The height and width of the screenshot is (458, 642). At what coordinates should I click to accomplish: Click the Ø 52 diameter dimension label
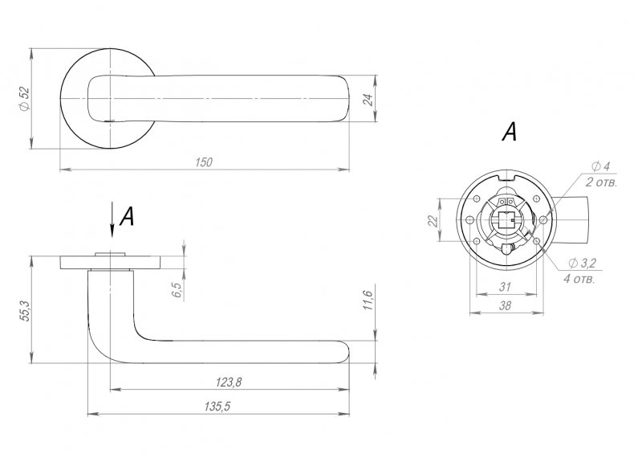pos(24,98)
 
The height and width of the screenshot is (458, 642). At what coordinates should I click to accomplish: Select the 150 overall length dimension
pos(204,162)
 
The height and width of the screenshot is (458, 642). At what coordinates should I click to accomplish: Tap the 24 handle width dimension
pos(368,100)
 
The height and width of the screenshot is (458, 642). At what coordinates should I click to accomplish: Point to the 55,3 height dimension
pos(24,310)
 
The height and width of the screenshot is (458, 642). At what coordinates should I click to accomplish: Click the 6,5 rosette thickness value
pos(177,289)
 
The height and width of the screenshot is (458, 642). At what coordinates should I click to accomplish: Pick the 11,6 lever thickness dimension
pos(368,300)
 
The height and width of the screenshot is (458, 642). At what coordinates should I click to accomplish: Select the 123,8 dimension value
pos(229,382)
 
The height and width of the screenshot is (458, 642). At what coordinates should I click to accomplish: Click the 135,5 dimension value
pos(217,407)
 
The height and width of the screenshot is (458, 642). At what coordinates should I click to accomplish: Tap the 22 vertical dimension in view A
pos(433,221)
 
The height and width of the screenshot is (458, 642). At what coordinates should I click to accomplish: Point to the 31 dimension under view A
pos(506,287)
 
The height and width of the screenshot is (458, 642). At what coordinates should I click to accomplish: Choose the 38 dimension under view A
pos(506,305)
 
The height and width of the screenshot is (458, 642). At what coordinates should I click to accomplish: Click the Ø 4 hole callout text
pos(600,166)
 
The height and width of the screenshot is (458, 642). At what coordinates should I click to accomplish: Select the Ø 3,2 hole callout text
pos(583,263)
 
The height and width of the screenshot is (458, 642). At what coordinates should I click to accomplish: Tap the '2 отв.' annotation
pos(600,182)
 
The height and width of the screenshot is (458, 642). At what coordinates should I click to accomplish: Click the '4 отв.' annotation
pos(579,280)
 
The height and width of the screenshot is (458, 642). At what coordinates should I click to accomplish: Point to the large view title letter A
pos(510,132)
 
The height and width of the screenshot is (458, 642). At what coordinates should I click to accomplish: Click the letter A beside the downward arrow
pos(127,216)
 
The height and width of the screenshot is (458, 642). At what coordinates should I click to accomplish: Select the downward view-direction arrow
pos(112,220)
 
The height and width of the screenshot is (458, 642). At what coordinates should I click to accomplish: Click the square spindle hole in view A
pos(507,220)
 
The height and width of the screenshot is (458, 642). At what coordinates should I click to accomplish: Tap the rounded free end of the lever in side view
pos(345,352)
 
